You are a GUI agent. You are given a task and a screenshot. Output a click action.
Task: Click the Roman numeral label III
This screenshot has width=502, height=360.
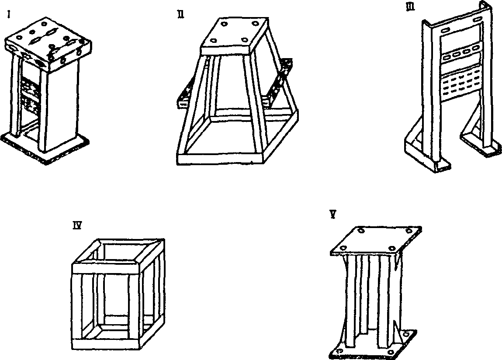click(410, 7)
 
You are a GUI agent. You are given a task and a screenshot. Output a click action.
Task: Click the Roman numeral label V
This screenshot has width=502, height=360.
click(333, 215)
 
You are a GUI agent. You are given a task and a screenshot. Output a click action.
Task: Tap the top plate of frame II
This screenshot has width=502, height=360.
click(235, 35)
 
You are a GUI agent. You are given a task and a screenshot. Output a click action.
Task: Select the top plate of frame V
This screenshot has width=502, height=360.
click(376, 241)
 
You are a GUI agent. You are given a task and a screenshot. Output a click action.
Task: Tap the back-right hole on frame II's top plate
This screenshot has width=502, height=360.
click(255, 23)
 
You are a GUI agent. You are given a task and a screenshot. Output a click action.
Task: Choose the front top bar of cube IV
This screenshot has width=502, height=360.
click(105, 268)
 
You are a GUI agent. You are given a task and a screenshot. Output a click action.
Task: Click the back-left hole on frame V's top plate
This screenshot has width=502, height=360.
click(361, 230)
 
